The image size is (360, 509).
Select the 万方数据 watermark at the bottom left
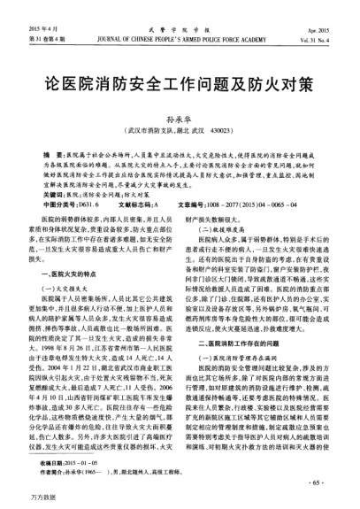(x=19, y=502)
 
